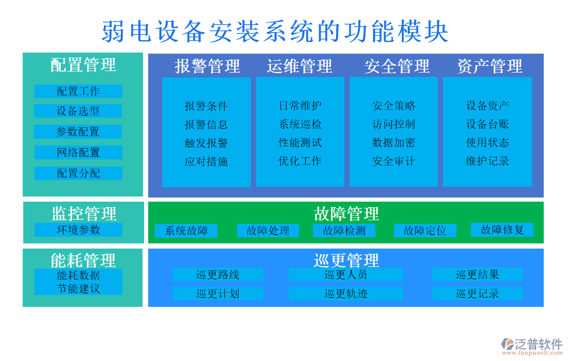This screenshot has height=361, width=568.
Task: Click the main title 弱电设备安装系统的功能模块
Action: pyautogui.click(x=275, y=31)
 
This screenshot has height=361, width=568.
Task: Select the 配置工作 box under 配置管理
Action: pyautogui.click(x=78, y=91)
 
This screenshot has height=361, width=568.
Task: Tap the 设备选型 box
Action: pyautogui.click(x=78, y=111)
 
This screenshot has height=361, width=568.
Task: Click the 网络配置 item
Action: pyautogui.click(x=78, y=153)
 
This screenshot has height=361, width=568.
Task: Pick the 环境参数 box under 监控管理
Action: pyautogui.click(x=78, y=229)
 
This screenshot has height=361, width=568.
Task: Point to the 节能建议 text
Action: pyautogui.click(x=78, y=289)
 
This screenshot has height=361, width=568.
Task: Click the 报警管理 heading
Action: pyautogui.click(x=207, y=66)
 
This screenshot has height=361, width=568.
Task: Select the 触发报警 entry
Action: pyautogui.click(x=206, y=143)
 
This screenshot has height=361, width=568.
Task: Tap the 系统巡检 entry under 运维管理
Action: pyautogui.click(x=300, y=124)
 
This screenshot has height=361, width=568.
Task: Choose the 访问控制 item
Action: pyautogui.click(x=393, y=124)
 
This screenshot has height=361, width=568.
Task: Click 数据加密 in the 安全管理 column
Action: pyautogui.click(x=393, y=143)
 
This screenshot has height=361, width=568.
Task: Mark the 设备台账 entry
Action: pyautogui.click(x=487, y=124)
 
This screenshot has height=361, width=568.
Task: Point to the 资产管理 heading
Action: pyautogui.click(x=490, y=66)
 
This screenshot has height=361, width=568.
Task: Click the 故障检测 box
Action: pyautogui.click(x=344, y=231)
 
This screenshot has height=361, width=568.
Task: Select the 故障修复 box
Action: pyautogui.click(x=502, y=229)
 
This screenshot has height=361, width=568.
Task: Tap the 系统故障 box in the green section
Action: pyautogui.click(x=186, y=231)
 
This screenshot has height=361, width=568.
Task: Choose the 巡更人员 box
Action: pyautogui.click(x=345, y=275)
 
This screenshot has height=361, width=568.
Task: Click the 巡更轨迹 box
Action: pyautogui.click(x=345, y=294)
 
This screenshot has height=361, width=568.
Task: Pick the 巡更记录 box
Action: pyautogui.click(x=477, y=294)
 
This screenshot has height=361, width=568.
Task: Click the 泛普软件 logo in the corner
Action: pyautogui.click(x=531, y=345)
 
